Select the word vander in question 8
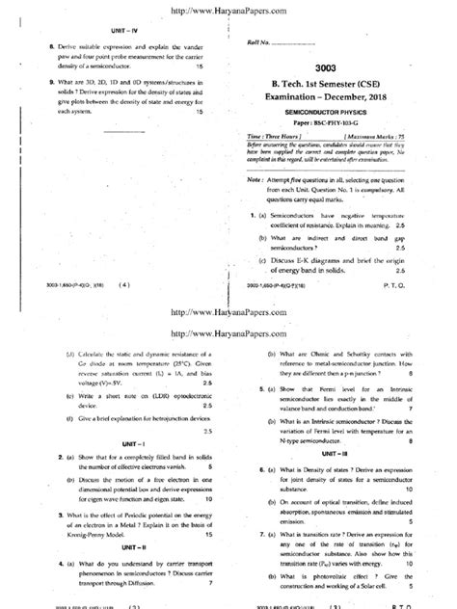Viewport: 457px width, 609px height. [x=191, y=45]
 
